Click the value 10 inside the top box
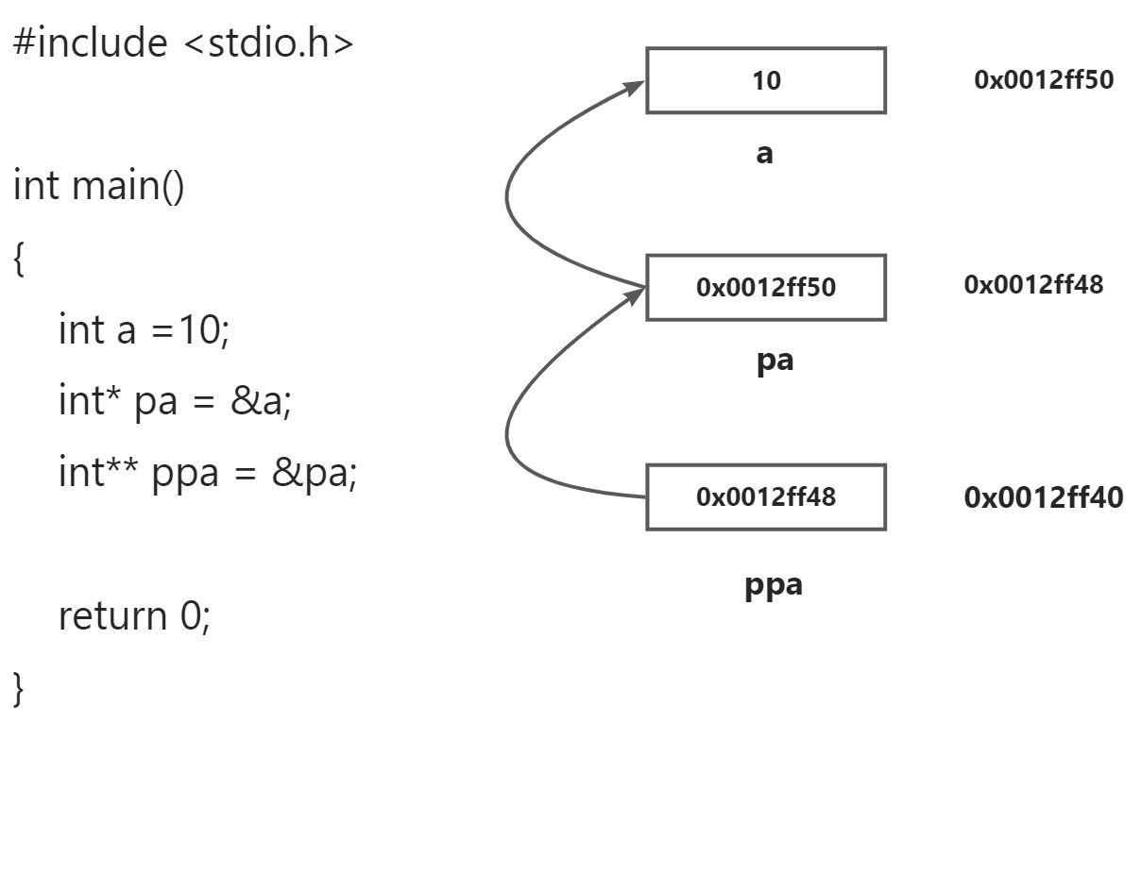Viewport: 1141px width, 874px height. coord(766,81)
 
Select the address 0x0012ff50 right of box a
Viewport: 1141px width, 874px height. coord(1044,80)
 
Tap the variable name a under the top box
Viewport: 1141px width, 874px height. coord(764,154)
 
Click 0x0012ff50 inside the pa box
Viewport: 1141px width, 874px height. coord(766,287)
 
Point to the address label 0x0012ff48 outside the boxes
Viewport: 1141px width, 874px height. coord(1033,285)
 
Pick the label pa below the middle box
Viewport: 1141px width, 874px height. coord(775,361)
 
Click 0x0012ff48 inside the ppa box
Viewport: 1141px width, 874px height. coord(766,496)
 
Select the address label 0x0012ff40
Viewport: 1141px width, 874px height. coord(1044,497)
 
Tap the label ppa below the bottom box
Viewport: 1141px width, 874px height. coord(774,585)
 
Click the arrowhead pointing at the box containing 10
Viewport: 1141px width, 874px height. coord(635,87)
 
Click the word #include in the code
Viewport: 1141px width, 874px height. coord(90,43)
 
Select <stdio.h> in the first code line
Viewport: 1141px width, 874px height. coord(266,43)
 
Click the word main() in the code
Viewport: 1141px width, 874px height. coord(128,186)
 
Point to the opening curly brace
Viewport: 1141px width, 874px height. coord(19,259)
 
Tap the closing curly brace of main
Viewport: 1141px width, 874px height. coord(19,688)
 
